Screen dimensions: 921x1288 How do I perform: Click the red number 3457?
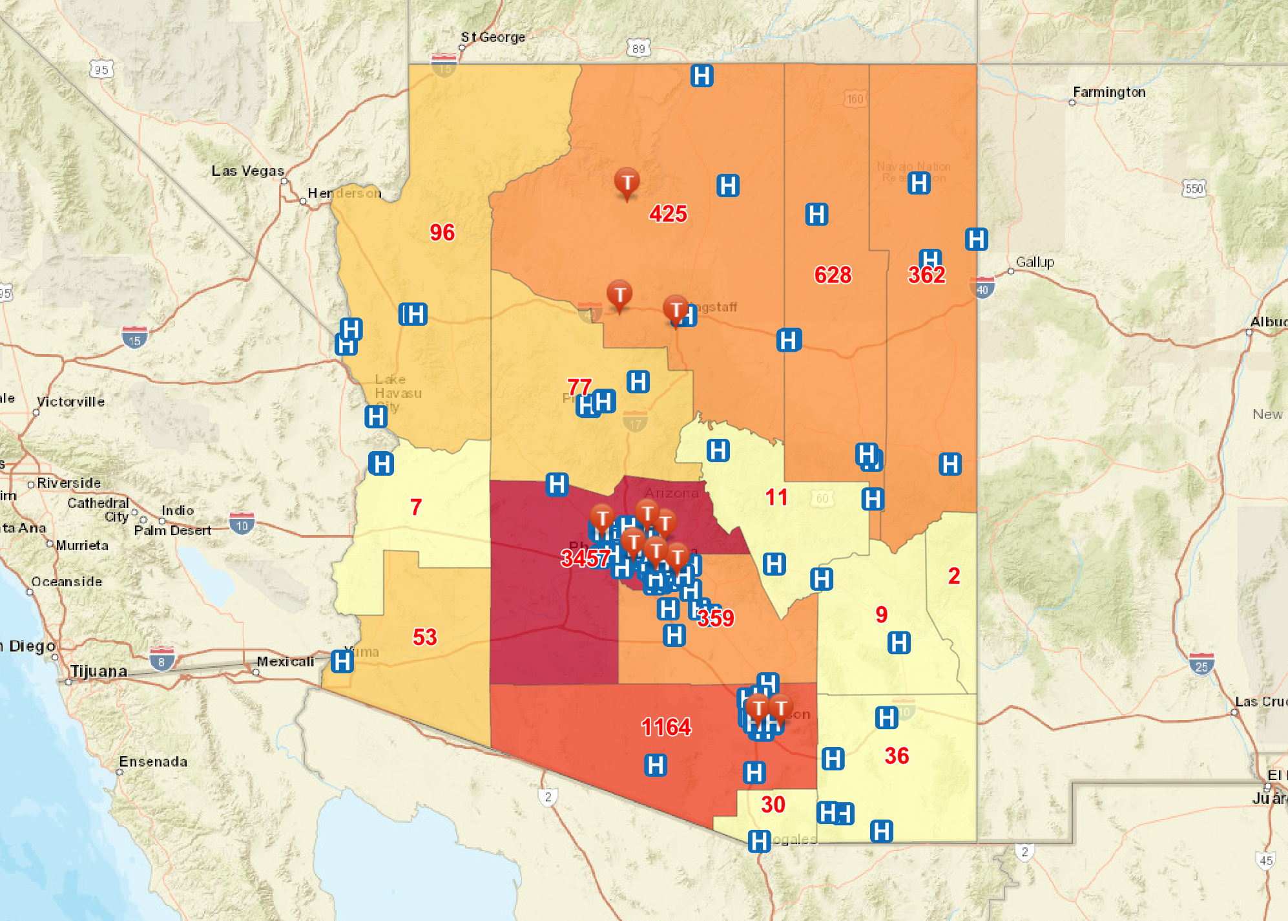(x=585, y=558)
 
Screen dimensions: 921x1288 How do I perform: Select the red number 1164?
(x=666, y=727)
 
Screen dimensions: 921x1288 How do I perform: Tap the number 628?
(x=833, y=275)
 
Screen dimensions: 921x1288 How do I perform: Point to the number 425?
(x=668, y=214)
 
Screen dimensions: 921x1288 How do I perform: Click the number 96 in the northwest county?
(x=442, y=232)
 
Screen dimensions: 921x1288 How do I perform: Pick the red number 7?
(x=416, y=507)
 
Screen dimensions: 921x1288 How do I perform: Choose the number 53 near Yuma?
(x=424, y=637)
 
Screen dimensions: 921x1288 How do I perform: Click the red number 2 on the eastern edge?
(x=954, y=576)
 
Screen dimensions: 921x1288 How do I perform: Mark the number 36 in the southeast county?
(x=897, y=756)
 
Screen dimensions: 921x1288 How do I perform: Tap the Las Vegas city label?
(x=247, y=171)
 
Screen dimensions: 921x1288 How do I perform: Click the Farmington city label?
(x=1109, y=92)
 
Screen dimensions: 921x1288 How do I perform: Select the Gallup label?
(x=1035, y=262)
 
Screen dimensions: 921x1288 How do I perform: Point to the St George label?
(x=493, y=37)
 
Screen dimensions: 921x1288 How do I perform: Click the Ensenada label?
(x=153, y=761)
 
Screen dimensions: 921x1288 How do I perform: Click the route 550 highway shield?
(x=1194, y=188)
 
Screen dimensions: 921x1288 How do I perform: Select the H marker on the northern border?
(x=701, y=76)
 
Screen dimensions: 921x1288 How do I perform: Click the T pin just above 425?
(x=627, y=183)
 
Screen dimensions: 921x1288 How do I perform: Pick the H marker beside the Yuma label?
(x=342, y=661)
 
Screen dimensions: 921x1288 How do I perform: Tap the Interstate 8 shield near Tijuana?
(x=161, y=660)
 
